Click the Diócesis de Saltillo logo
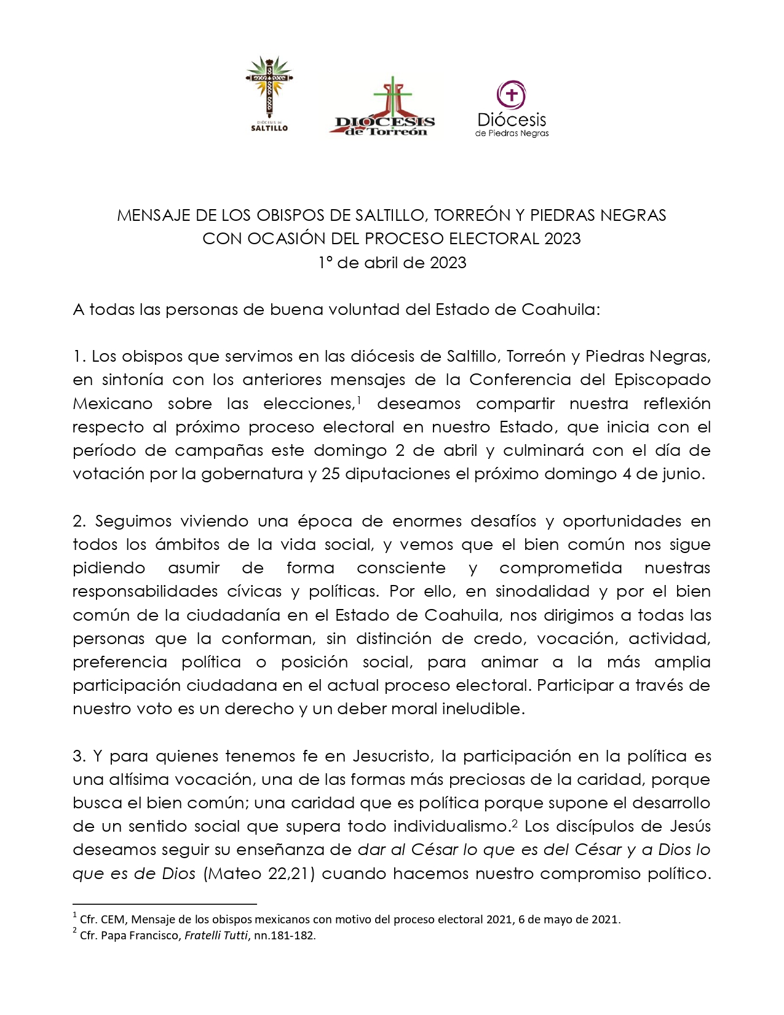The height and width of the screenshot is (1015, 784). point(269,94)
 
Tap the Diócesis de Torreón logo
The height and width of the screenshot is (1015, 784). point(385,108)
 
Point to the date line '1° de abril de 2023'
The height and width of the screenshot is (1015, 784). point(392,263)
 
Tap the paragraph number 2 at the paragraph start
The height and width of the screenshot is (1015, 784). point(78,522)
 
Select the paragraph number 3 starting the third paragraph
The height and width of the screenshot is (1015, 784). point(78,756)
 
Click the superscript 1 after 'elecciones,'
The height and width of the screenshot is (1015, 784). point(358,400)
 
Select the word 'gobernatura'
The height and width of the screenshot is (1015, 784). point(252,474)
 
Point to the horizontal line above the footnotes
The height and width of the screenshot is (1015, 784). point(164,904)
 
